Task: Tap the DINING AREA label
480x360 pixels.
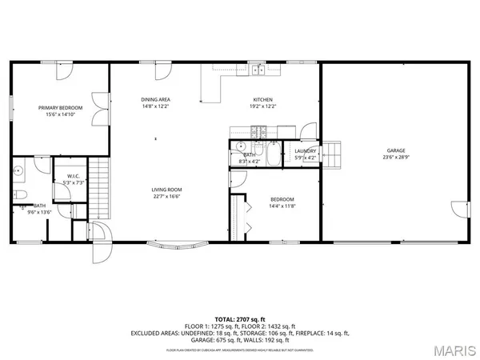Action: (155, 99)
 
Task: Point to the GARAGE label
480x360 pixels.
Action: (396, 150)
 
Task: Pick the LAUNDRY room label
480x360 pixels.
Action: (306, 150)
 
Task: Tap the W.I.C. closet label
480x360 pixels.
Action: (72, 177)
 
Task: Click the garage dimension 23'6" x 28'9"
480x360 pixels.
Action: (396, 158)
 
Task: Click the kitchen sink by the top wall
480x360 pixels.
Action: (258, 71)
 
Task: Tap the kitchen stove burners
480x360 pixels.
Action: (258, 130)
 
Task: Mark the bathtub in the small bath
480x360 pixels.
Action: (274, 153)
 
